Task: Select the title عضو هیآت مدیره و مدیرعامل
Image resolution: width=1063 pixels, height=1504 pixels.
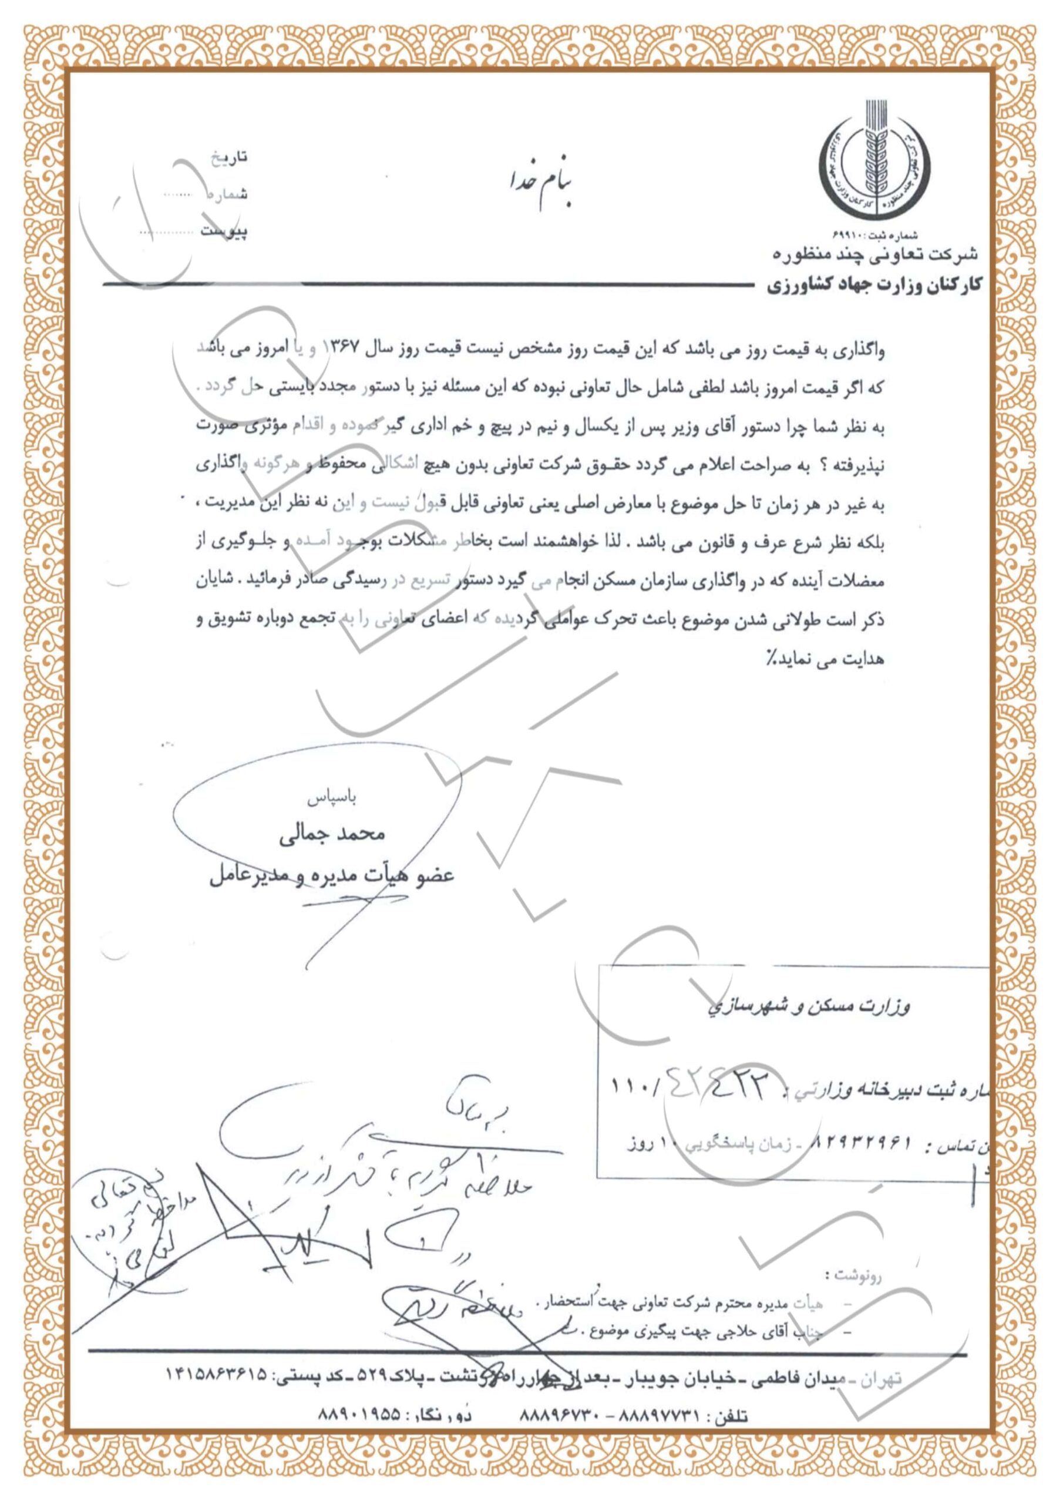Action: tap(331, 875)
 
